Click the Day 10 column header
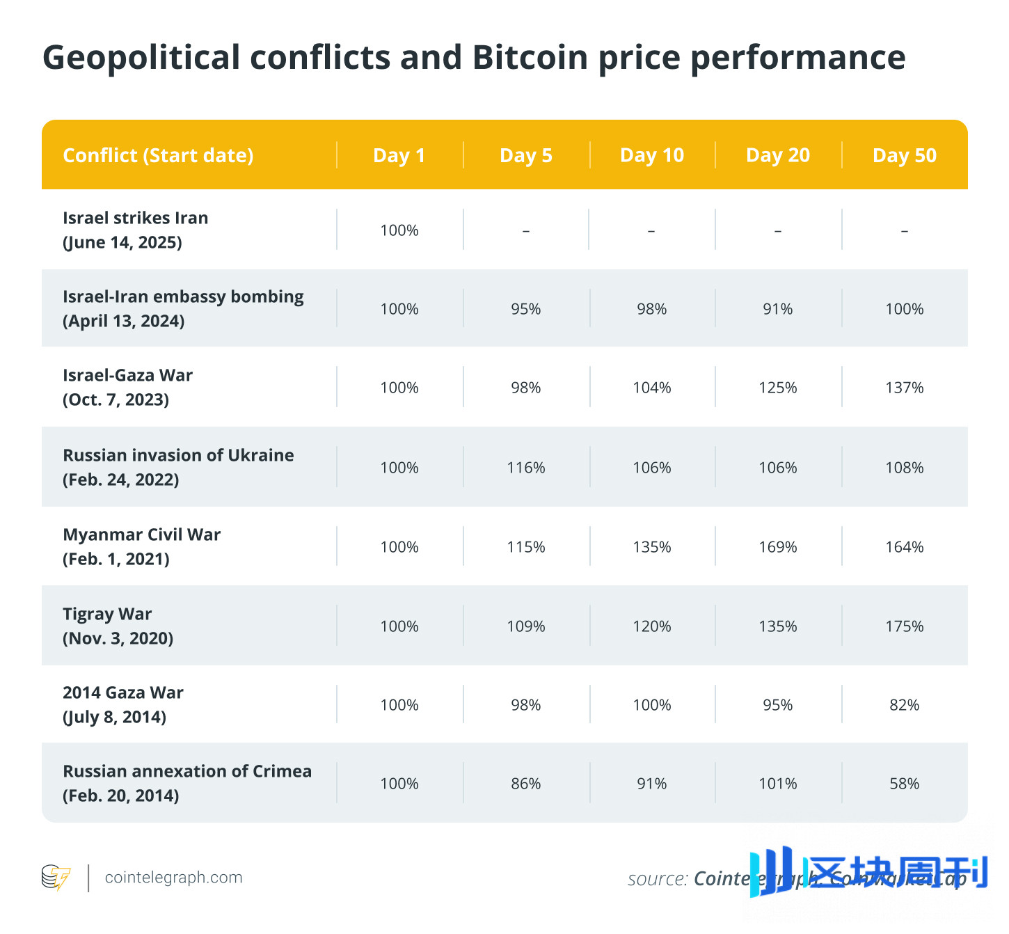[652, 155]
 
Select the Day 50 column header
[904, 155]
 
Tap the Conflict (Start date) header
[158, 155]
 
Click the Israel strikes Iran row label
[135, 230]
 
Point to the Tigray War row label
[118, 626]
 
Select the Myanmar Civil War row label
[141, 546]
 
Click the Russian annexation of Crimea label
[186, 783]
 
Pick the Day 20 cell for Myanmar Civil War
[777, 547]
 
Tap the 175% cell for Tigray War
[904, 626]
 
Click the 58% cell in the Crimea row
[904, 784]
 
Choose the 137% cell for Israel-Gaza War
[904, 388]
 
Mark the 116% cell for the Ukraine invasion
[525, 468]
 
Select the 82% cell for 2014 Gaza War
[904, 705]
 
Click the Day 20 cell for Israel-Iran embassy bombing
[777, 309]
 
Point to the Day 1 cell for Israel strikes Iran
[399, 230]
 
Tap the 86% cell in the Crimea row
[525, 784]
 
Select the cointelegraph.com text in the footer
[173, 878]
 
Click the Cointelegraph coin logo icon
[56, 878]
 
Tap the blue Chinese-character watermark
[870, 873]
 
